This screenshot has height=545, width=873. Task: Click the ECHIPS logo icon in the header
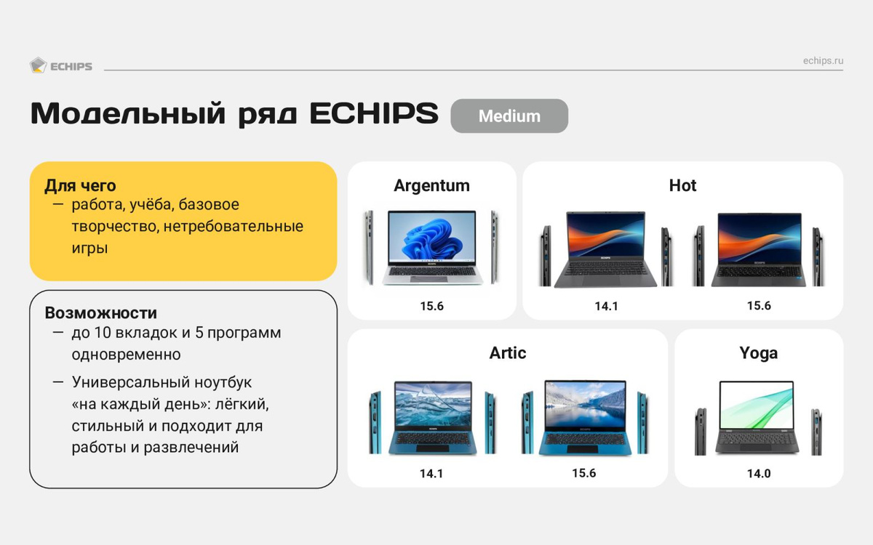click(x=38, y=65)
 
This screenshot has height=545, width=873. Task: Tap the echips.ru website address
click(x=823, y=61)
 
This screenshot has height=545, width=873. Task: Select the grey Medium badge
click(x=509, y=116)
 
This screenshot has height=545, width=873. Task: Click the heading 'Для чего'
click(x=80, y=186)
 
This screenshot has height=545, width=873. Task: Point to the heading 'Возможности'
click(x=101, y=313)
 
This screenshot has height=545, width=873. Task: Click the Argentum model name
click(x=431, y=186)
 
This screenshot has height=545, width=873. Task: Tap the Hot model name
click(x=682, y=185)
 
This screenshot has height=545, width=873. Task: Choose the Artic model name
click(x=508, y=353)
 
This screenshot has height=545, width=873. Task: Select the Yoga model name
click(x=758, y=353)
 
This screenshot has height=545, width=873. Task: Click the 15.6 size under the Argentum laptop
click(x=431, y=306)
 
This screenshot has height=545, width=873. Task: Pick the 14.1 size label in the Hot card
click(x=606, y=307)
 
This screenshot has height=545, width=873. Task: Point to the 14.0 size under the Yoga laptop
click(x=758, y=473)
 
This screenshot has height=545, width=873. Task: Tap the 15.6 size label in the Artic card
click(x=583, y=473)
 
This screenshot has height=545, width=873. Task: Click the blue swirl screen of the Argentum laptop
click(x=432, y=236)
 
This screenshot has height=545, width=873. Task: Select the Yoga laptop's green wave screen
click(x=757, y=405)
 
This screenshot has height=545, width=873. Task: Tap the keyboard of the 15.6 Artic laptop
click(x=585, y=440)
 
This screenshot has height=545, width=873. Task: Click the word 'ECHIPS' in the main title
click(x=374, y=113)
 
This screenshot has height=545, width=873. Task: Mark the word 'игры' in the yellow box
click(x=89, y=249)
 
